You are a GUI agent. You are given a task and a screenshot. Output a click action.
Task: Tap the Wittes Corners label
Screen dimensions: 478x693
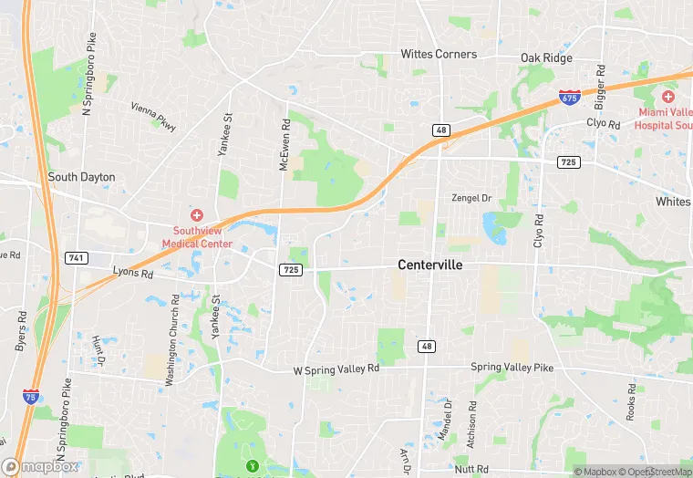[439, 54]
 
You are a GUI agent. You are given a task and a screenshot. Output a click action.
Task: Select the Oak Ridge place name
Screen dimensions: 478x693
[546, 58]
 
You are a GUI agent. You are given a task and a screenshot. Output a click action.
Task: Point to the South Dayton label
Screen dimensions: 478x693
[81, 177]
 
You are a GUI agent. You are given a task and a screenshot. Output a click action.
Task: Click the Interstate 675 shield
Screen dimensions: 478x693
[569, 97]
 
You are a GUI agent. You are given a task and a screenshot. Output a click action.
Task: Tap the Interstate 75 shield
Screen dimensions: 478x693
[31, 396]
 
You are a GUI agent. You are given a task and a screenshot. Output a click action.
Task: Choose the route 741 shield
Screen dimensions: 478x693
[77, 259]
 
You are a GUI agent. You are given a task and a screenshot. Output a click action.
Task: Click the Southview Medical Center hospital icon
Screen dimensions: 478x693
[196, 214]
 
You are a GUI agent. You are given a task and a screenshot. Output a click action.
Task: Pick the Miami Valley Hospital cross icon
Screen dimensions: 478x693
[667, 96]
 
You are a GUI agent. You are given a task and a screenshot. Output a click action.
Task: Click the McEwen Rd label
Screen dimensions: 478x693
[285, 145]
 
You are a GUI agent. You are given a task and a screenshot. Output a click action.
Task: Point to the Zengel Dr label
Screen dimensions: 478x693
[471, 198]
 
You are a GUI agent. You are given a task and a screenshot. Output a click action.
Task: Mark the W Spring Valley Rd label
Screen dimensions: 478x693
[336, 369]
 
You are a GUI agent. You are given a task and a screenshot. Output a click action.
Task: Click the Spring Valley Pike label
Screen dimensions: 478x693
[512, 367]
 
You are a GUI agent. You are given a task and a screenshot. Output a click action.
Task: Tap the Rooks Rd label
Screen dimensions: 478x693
[631, 400]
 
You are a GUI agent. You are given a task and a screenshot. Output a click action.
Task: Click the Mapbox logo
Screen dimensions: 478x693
[40, 466]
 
